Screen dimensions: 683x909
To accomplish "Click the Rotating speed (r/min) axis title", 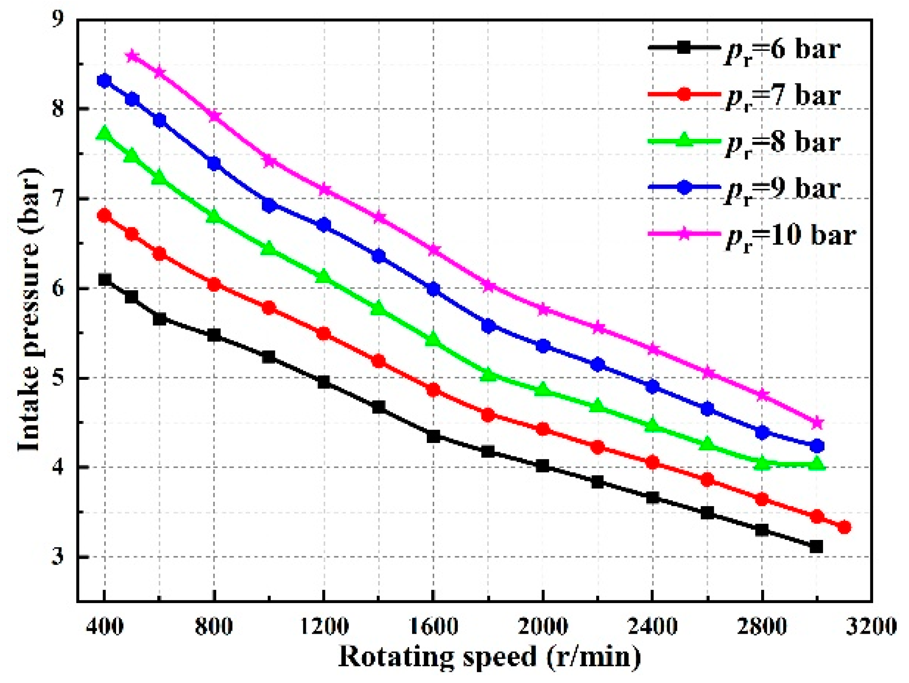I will (489, 656).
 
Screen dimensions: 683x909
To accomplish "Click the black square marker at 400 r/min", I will (105, 280).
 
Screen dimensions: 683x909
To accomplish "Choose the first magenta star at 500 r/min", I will (132, 55).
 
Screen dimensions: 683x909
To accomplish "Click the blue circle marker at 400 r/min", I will (105, 80).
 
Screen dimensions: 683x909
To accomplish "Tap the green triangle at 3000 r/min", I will (817, 464).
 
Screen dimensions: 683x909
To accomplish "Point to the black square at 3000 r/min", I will (817, 547).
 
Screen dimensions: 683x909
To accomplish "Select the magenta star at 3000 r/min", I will (817, 423).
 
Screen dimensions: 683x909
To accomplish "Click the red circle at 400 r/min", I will (105, 216).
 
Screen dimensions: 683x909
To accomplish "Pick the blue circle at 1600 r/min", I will (433, 289).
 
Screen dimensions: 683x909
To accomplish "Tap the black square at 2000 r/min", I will (543, 466).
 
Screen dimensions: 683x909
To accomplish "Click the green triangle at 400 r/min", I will (105, 134).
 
